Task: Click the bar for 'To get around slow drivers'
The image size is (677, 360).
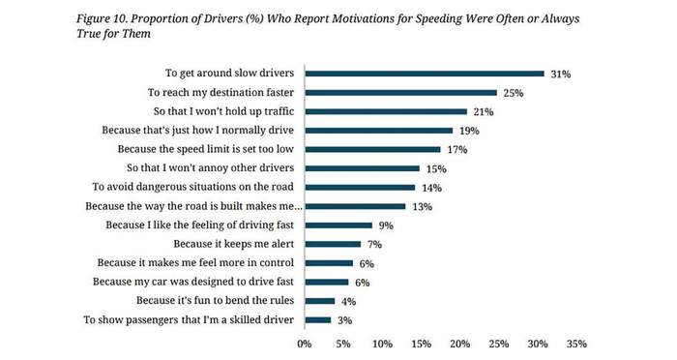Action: [425, 74]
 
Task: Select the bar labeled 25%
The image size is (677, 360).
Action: [400, 93]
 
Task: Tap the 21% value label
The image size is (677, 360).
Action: [484, 112]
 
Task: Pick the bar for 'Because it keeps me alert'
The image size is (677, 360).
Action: [333, 244]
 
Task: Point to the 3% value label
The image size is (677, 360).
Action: [344, 320]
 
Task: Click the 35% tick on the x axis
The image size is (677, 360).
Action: [576, 344]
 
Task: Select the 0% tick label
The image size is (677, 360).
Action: [305, 344]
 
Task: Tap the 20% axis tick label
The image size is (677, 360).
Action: [459, 344]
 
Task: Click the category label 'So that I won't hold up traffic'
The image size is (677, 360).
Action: [223, 111]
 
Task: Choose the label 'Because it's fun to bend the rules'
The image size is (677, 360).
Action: [215, 300]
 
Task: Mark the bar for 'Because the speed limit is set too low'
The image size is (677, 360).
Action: [372, 150]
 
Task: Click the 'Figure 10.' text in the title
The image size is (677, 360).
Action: [102, 19]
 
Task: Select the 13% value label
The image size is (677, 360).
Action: [422, 206]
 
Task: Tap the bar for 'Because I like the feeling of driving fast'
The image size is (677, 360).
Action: [338, 225]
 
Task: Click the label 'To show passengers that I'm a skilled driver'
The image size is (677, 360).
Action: [189, 319]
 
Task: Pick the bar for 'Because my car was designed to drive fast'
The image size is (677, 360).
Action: [327, 283]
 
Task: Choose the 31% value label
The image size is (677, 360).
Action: [560, 74]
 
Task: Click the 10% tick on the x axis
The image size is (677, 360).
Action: [382, 344]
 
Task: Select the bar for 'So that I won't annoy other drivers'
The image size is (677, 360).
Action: [362, 168]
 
